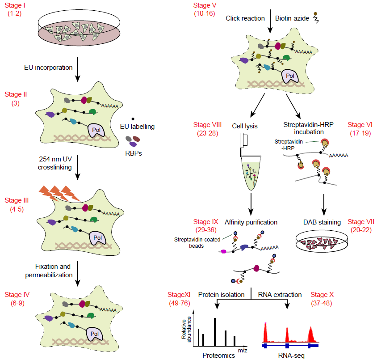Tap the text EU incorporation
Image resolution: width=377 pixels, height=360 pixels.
(48, 68)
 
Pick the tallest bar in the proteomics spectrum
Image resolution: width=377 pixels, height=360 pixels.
(215, 332)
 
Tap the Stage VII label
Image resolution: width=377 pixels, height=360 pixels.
(360, 225)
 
